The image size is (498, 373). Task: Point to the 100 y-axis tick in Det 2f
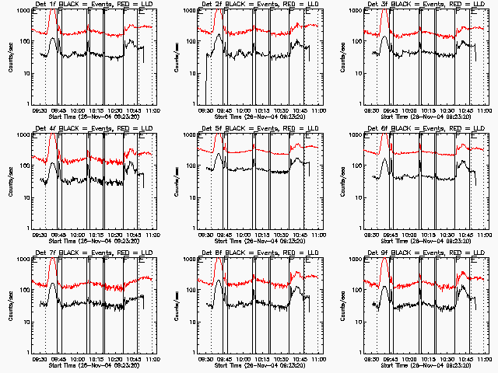192,41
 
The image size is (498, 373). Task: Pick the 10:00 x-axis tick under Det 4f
78,235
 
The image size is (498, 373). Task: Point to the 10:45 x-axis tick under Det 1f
133,111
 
